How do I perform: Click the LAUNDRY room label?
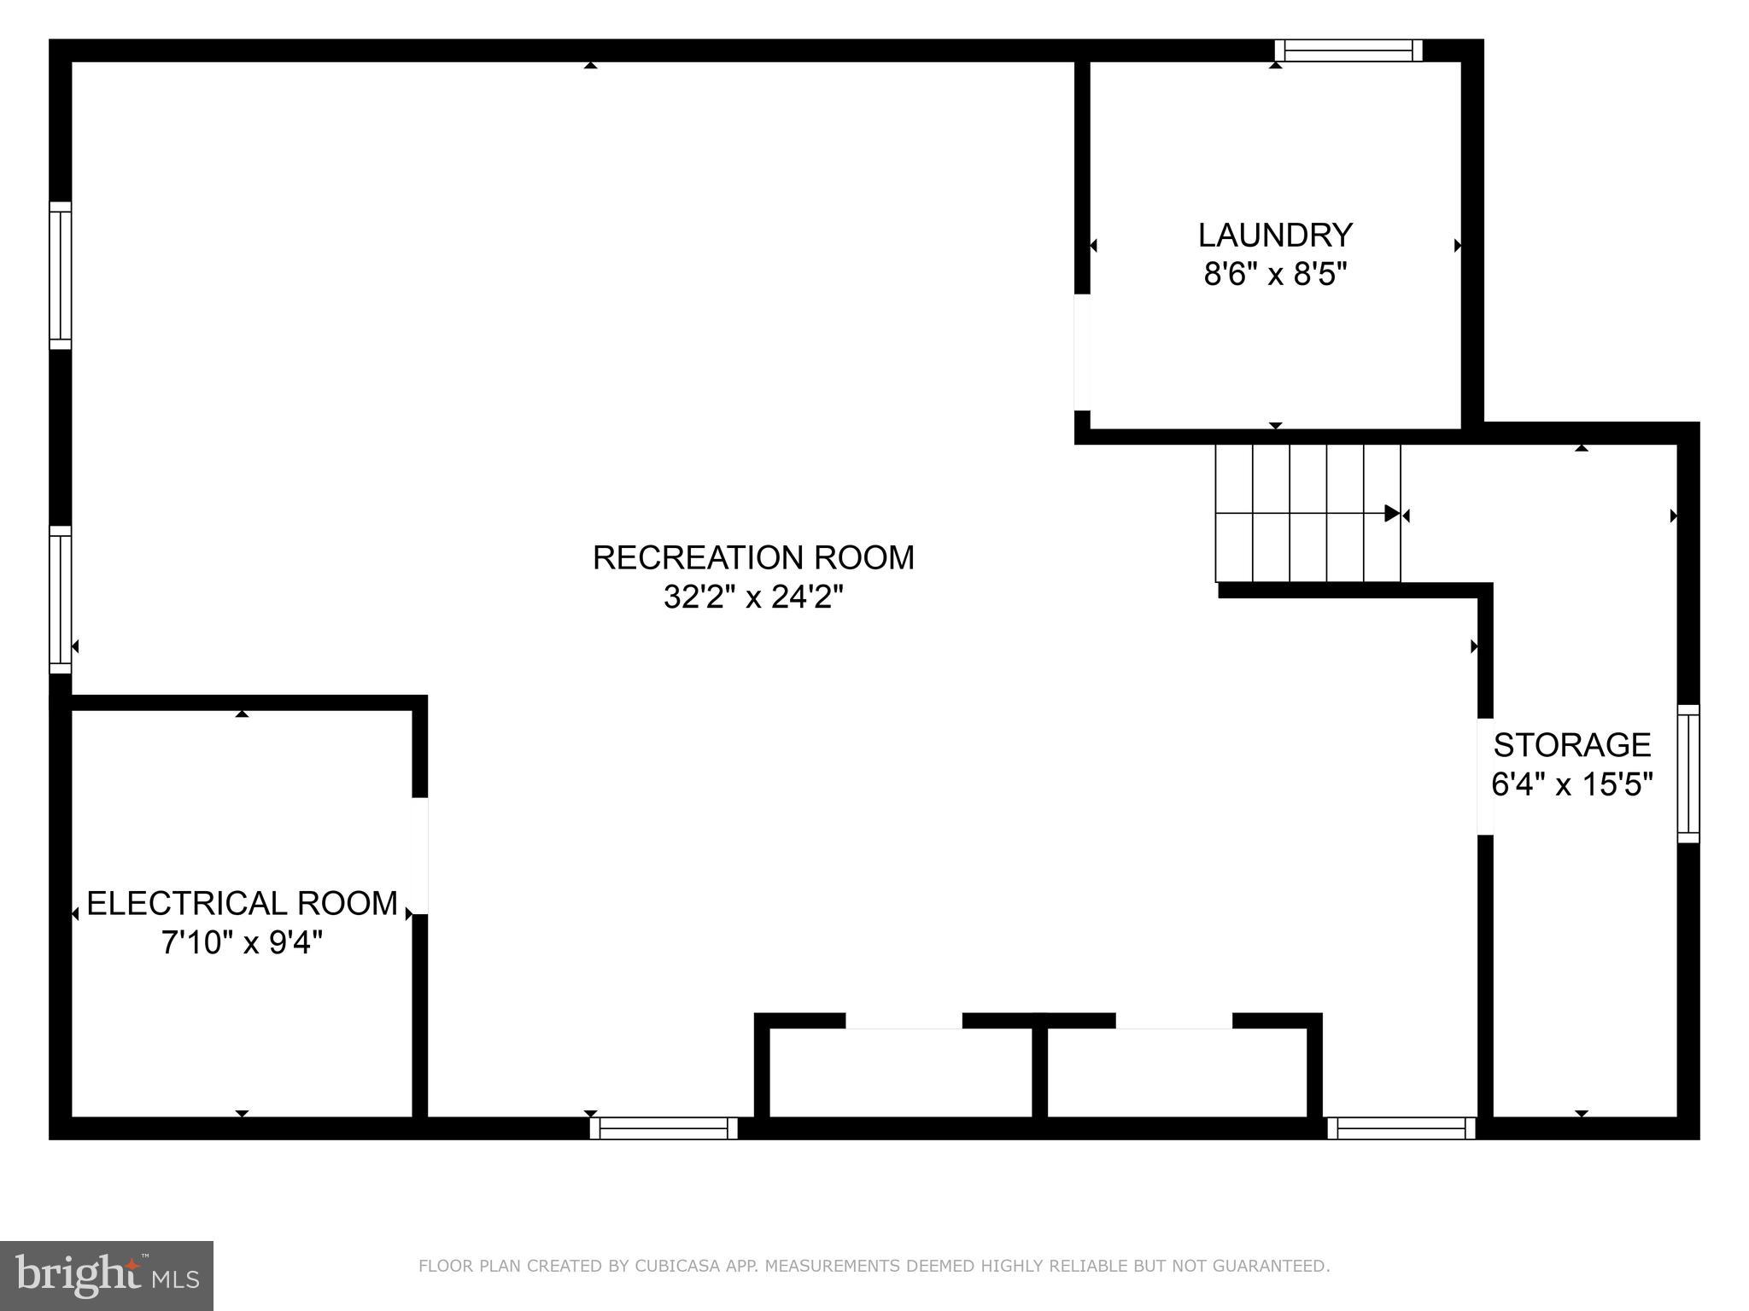[x=1275, y=235]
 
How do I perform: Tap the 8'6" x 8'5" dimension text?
[x=1275, y=275]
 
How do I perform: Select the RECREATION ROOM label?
[x=753, y=557]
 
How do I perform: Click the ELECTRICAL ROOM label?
[x=242, y=903]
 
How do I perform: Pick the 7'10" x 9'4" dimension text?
[x=242, y=943]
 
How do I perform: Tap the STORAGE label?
[x=1571, y=745]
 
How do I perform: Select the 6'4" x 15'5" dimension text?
[x=1572, y=784]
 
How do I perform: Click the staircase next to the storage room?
[x=1307, y=513]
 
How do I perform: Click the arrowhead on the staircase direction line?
[x=1392, y=514]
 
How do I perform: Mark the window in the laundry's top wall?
[x=1349, y=50]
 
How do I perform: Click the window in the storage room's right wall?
[x=1688, y=773]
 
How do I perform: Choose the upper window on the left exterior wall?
[x=60, y=276]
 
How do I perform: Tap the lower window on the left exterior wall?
[x=60, y=599]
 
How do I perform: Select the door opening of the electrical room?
[x=419, y=855]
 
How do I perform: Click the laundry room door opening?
[x=1082, y=353]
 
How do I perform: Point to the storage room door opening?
[x=1485, y=776]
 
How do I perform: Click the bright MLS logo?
[x=106, y=1275]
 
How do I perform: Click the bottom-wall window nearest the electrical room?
[x=664, y=1128]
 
